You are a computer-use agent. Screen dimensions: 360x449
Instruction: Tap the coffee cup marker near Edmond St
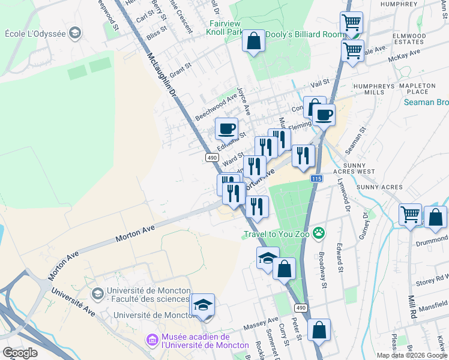click(x=227, y=128)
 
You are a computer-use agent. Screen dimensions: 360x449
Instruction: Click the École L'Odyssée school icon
click(x=75, y=32)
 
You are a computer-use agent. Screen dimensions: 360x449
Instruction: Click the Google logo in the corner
click(x=20, y=352)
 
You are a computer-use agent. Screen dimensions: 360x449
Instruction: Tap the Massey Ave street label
click(x=261, y=324)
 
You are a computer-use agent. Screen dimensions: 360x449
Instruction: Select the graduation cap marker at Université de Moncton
click(x=203, y=306)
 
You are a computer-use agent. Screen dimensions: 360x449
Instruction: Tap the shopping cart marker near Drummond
click(x=411, y=215)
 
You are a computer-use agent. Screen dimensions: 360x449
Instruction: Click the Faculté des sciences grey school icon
click(x=97, y=293)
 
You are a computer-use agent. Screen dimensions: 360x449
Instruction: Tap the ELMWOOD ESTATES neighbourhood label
click(x=409, y=40)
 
